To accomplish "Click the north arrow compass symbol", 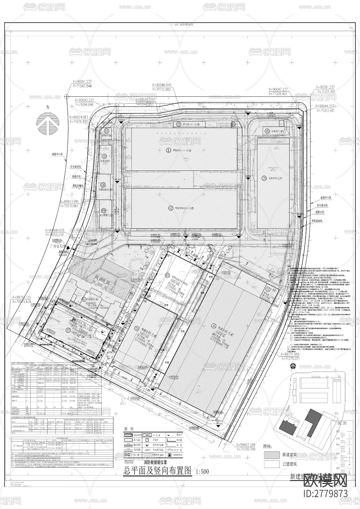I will [x=48, y=123].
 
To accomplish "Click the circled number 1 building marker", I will [x=168, y=150].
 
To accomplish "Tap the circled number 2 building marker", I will [x=171, y=208].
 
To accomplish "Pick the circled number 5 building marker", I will [x=137, y=329].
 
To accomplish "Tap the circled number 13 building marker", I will [x=179, y=124].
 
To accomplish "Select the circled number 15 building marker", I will [x=267, y=131].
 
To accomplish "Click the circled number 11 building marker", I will [x=106, y=131].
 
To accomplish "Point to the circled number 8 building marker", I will [x=104, y=210].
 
